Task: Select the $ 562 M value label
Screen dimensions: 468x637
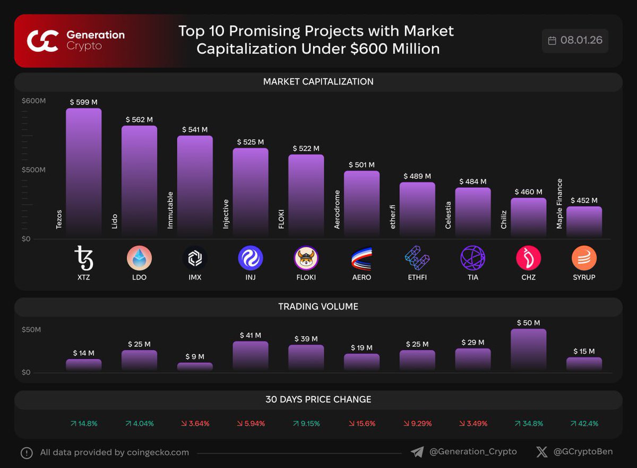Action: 139,120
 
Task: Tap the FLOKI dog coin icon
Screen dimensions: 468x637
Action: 306,258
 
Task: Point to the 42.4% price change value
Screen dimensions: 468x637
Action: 584,423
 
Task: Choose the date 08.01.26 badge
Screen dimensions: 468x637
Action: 575,41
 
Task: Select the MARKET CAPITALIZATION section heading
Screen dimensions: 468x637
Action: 318,82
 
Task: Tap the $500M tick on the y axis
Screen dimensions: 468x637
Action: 33,170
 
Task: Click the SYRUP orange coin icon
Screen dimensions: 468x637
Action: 584,258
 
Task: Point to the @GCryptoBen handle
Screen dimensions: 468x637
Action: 582,452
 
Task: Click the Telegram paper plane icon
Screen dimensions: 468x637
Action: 417,452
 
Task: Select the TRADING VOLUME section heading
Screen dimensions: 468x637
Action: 318,307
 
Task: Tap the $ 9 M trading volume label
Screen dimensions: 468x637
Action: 195,357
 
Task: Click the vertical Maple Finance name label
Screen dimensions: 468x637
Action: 559,204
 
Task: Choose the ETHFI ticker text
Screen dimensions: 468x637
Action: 417,278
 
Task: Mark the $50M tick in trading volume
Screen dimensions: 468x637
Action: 31,330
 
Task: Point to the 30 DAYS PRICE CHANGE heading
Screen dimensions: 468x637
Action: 318,400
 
